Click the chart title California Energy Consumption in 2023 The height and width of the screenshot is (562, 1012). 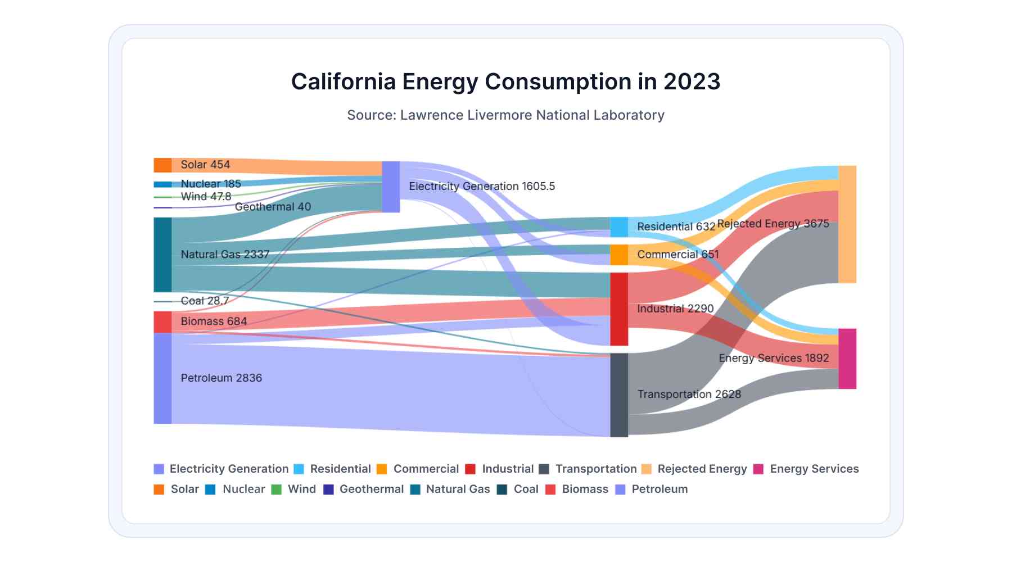pyautogui.click(x=505, y=81)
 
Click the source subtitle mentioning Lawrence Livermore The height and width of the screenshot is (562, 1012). pyautogui.click(x=505, y=115)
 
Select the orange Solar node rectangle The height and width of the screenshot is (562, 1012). pyautogui.click(x=162, y=165)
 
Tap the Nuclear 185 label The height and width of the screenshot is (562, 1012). pyautogui.click(x=211, y=184)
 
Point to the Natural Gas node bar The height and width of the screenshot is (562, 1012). pyautogui.click(x=162, y=255)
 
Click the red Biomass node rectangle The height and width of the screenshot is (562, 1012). pyautogui.click(x=162, y=322)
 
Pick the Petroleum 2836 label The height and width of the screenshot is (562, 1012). pyautogui.click(x=221, y=378)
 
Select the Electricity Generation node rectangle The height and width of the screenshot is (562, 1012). pyautogui.click(x=391, y=187)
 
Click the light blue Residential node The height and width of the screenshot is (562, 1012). pyautogui.click(x=619, y=227)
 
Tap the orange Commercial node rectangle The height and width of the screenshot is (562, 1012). pyautogui.click(x=619, y=255)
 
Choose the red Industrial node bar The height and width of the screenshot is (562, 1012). pyautogui.click(x=619, y=309)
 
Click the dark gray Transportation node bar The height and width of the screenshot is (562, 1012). pyautogui.click(x=619, y=395)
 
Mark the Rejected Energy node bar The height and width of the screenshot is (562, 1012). pyautogui.click(x=847, y=224)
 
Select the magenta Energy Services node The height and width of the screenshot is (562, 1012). pyautogui.click(x=847, y=359)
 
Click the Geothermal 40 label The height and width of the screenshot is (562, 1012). pyautogui.click(x=273, y=207)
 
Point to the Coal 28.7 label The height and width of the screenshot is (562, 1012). pyautogui.click(x=205, y=301)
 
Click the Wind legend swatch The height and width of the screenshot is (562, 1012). pyautogui.click(x=276, y=489)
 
